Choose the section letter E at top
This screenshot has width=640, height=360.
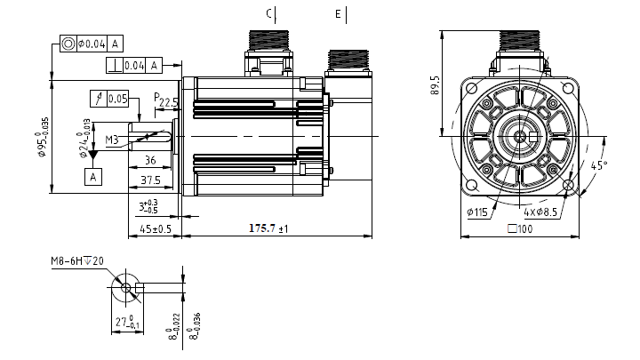coord(338,13)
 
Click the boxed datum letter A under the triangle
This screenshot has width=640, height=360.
coord(92,176)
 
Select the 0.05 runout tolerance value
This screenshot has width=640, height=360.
coord(118,98)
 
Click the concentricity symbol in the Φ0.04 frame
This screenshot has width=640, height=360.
coord(68,43)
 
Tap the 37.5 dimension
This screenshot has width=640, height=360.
coord(151,180)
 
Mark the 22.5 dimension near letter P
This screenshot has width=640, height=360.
coord(168,103)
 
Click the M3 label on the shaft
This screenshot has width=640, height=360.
coord(112,140)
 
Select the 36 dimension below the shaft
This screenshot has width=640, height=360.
coord(149,160)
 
